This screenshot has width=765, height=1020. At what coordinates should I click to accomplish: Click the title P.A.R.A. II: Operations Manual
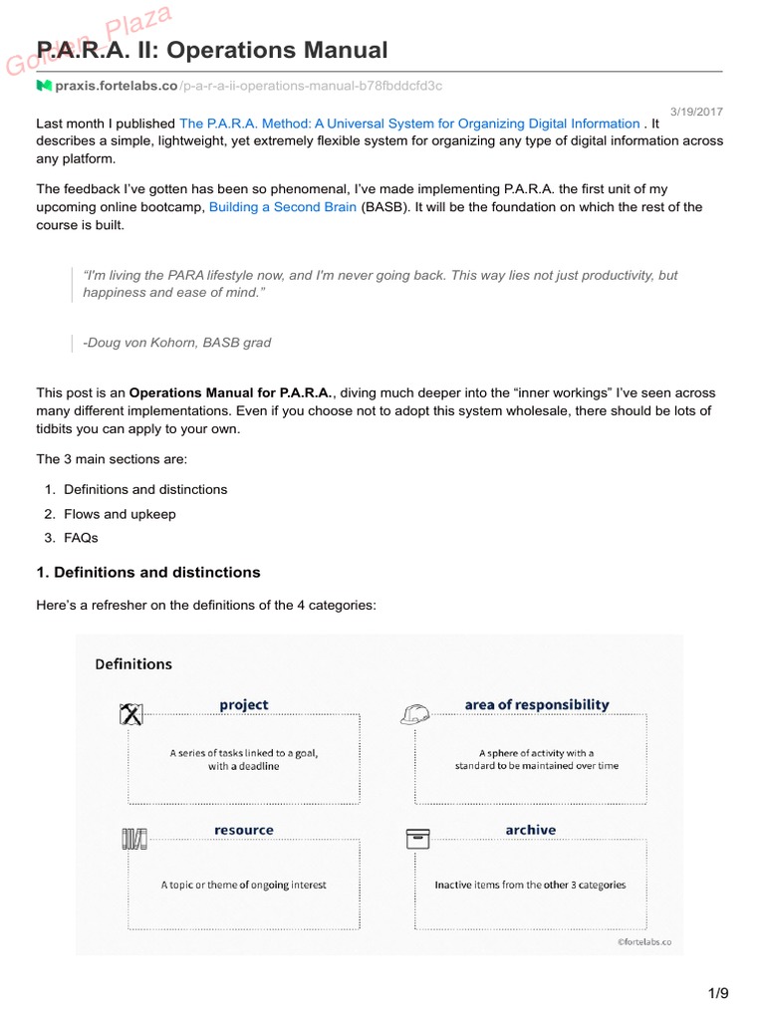pyautogui.click(x=211, y=50)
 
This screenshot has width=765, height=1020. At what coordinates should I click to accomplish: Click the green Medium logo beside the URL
pyautogui.click(x=44, y=87)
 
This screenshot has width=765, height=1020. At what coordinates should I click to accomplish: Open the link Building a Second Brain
pyautogui.click(x=282, y=207)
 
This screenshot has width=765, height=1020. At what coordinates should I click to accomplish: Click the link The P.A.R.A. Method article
pyautogui.click(x=409, y=124)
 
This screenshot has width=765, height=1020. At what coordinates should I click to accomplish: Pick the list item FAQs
pyautogui.click(x=81, y=538)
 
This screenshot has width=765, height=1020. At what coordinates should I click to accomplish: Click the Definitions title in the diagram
pyautogui.click(x=133, y=664)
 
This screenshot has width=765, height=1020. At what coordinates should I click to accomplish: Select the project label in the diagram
pyautogui.click(x=244, y=705)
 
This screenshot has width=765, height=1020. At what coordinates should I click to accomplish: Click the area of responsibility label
pyautogui.click(x=536, y=705)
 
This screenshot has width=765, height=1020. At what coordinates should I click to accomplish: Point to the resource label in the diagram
pyautogui.click(x=243, y=830)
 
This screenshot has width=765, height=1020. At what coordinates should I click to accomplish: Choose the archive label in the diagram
pyautogui.click(x=530, y=830)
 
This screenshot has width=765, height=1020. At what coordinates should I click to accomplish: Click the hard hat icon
pyautogui.click(x=414, y=714)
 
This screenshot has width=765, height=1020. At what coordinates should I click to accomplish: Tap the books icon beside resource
pyautogui.click(x=134, y=840)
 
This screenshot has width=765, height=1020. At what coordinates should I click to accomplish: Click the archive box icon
pyautogui.click(x=417, y=839)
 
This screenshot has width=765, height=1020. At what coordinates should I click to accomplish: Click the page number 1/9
pyautogui.click(x=718, y=993)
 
